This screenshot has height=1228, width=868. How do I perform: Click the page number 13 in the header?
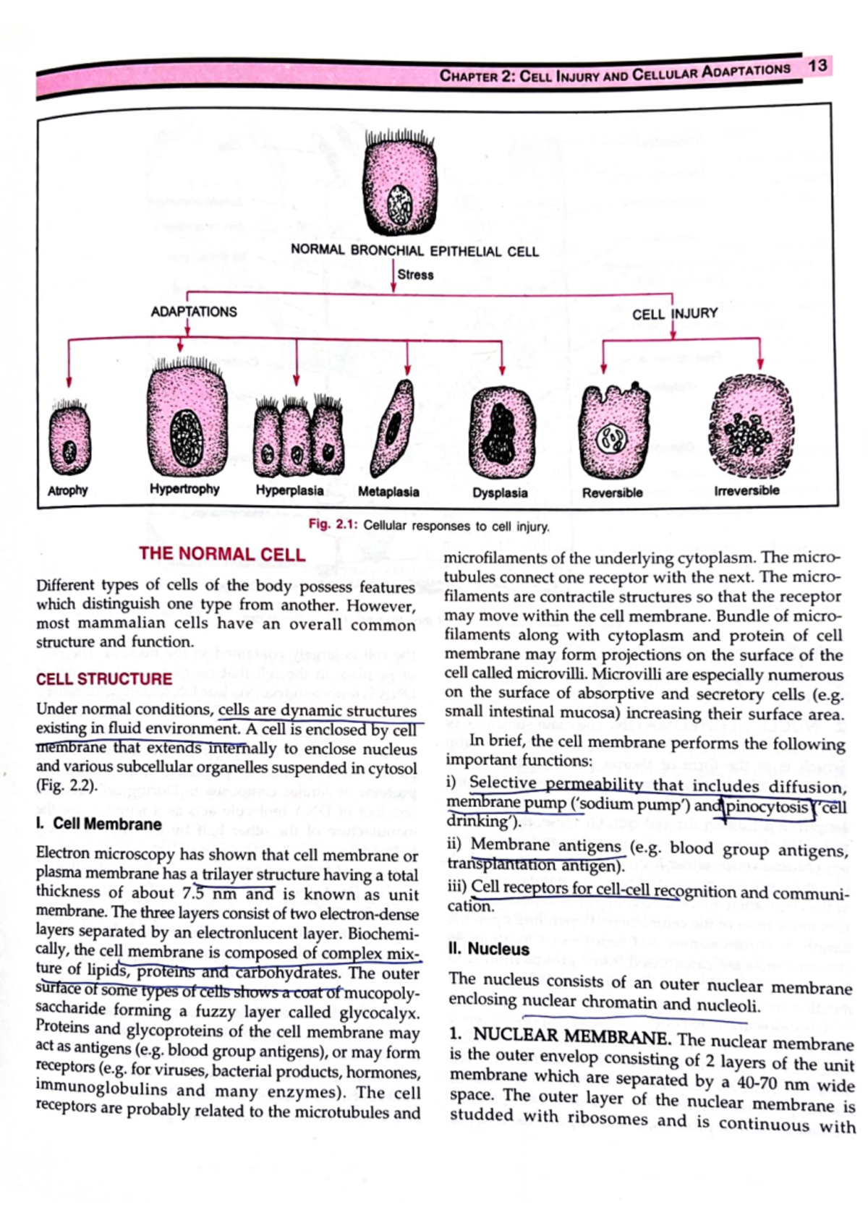coord(817,66)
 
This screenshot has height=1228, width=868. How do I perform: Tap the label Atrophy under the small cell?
coord(67,490)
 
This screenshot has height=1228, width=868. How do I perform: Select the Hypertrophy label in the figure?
coord(184,489)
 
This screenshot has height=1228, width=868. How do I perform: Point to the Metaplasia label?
coord(388,492)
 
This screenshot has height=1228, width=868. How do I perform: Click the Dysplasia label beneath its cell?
coord(500,493)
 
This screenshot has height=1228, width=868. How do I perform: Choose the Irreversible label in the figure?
coord(746,490)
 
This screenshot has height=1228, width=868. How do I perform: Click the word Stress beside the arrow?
coord(415,275)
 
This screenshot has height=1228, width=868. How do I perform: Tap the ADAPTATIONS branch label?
coord(193,312)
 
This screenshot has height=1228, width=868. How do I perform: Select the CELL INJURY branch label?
coord(674,314)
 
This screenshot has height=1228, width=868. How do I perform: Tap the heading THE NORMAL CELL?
coord(222,554)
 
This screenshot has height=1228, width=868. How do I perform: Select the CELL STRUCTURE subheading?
coord(104,679)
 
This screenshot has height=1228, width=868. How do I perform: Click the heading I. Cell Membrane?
coord(98,824)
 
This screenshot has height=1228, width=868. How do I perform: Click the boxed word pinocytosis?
coord(766,806)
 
